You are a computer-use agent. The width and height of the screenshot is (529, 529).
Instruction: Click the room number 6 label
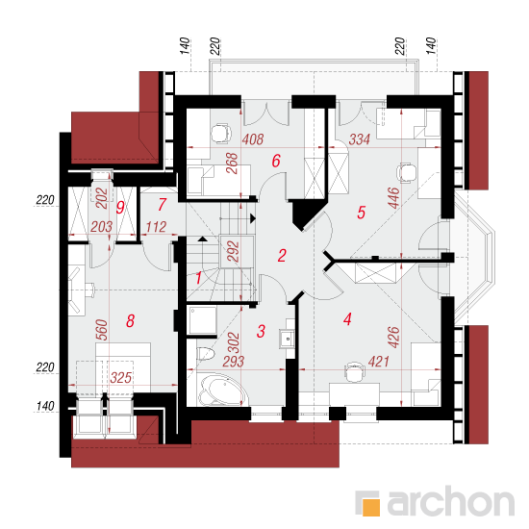pyautogui.click(x=276, y=161)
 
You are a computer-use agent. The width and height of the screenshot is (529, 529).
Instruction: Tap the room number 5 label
pyautogui.click(x=361, y=213)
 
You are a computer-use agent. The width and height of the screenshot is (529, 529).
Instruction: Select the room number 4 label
pyautogui.click(x=347, y=318)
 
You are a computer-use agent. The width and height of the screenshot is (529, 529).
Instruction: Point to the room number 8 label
pyautogui.click(x=130, y=321)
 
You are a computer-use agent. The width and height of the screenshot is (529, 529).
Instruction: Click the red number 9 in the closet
pyautogui.click(x=120, y=207)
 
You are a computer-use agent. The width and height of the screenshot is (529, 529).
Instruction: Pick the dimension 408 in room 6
pyautogui.click(x=253, y=139)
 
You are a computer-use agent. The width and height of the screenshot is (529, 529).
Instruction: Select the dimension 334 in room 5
pyautogui.click(x=360, y=139)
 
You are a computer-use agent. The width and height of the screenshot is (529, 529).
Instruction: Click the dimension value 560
pyautogui.click(x=102, y=330)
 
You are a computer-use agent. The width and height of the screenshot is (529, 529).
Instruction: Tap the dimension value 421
pyautogui.click(x=379, y=362)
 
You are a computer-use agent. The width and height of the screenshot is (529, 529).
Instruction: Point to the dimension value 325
pyautogui.click(x=121, y=378)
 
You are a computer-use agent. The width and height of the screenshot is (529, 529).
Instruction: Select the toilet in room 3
pyautogui.click(x=206, y=354)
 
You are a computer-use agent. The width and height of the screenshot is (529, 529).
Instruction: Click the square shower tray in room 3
pyautogui.click(x=202, y=320)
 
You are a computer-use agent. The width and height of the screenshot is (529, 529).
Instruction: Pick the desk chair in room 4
pyautogui.click(x=355, y=372)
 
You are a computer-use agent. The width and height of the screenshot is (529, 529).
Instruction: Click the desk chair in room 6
pyautogui.click(x=221, y=134)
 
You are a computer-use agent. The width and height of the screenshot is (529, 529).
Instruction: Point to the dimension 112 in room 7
pyautogui.click(x=156, y=227)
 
